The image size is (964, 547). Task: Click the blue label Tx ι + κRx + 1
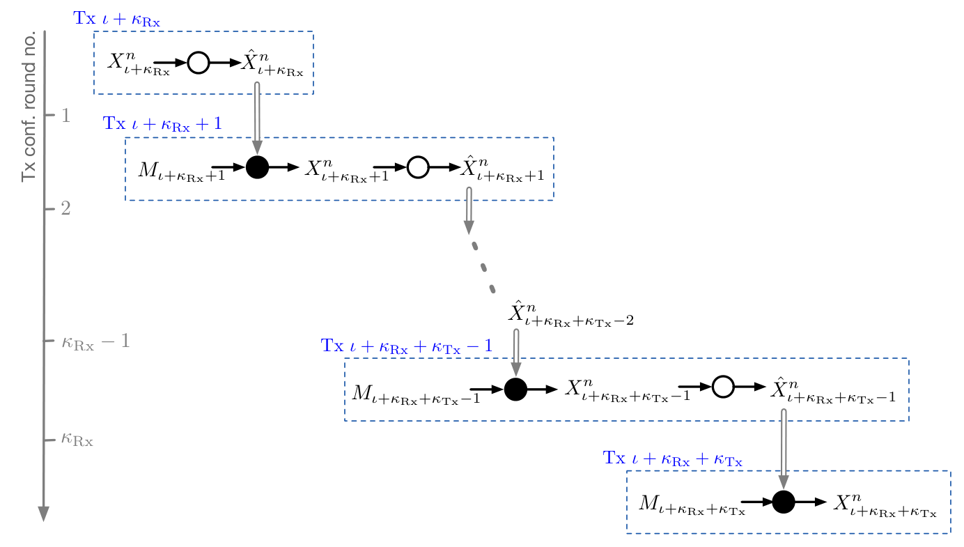coord(162,124)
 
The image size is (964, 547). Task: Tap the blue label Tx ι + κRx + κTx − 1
coord(407,346)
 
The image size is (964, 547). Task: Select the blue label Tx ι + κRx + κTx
coord(673,459)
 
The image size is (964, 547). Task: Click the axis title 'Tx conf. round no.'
coord(29,107)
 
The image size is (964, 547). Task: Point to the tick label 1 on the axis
coord(65,116)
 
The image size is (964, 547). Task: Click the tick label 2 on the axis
coord(65,209)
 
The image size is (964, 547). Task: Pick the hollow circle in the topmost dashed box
coord(199,63)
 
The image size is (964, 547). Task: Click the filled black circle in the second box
coord(257,167)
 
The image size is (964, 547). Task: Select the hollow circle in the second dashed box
coord(418,167)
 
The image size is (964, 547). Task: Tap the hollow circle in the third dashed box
coord(723,387)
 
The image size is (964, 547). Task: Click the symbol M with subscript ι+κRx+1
coord(182,171)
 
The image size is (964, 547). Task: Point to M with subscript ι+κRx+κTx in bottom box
coord(692,505)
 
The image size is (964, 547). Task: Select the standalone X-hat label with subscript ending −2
coord(571,314)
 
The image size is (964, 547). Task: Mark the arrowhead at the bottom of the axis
coord(43,514)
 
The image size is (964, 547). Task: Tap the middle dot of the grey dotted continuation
coord(483,268)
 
